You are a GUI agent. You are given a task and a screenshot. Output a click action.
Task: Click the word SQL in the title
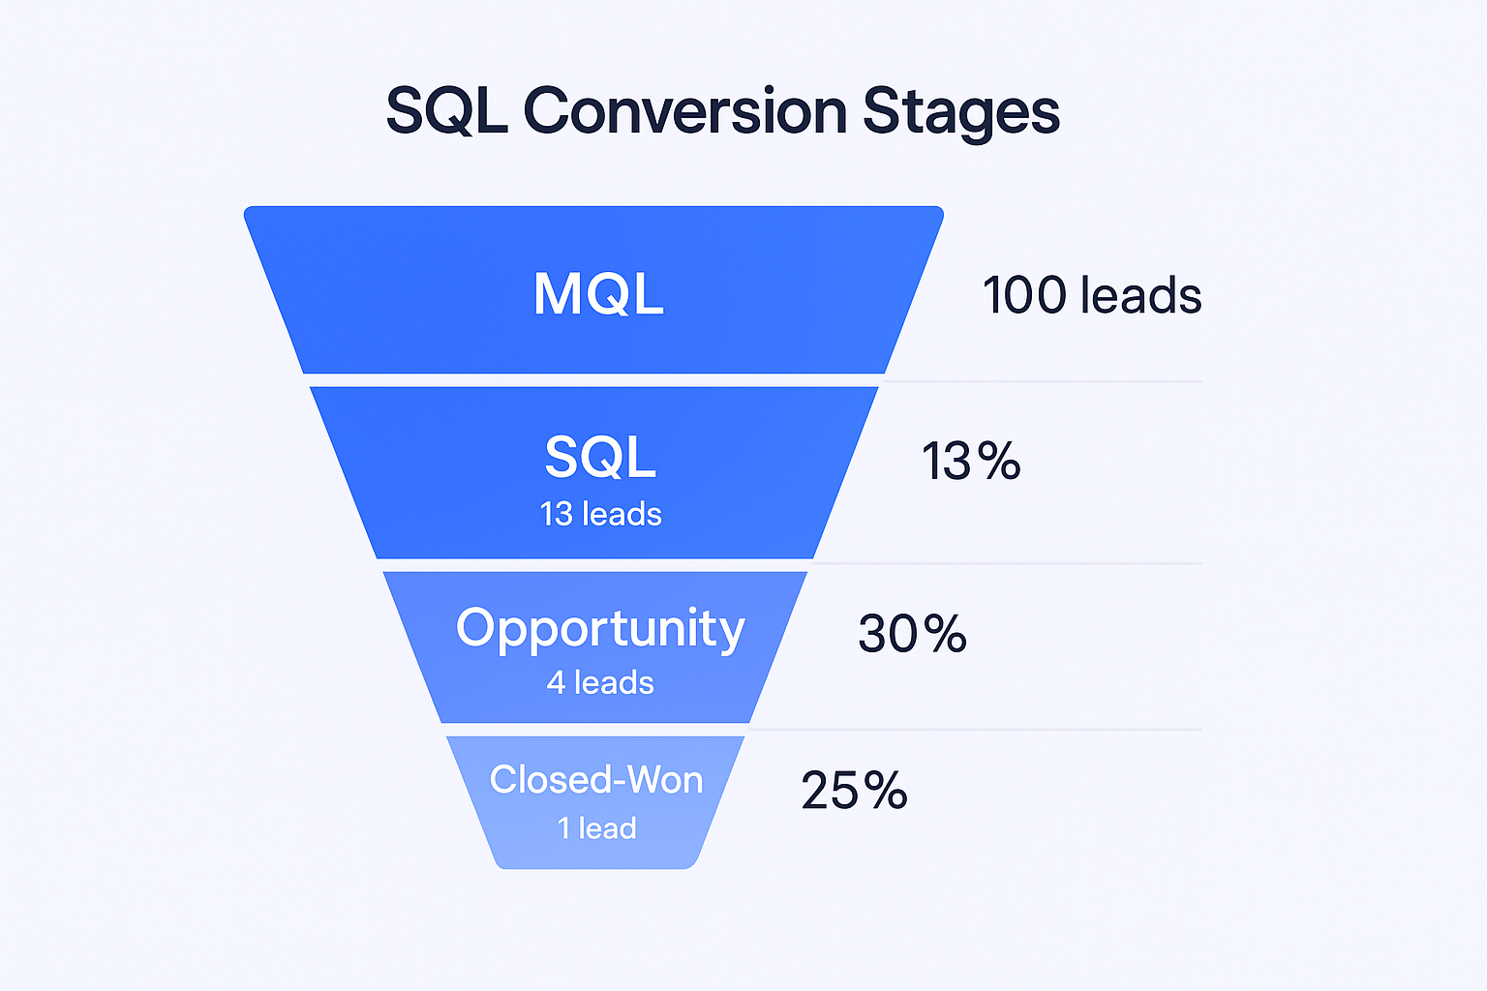point(446,111)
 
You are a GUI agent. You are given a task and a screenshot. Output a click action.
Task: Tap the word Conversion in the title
point(685,110)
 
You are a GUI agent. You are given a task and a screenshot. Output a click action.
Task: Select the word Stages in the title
point(960,114)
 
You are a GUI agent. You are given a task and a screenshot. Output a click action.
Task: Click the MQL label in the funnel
point(599,293)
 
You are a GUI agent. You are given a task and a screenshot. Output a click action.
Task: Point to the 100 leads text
point(1093,295)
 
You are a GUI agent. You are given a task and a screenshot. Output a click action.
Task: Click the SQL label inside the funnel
point(601,457)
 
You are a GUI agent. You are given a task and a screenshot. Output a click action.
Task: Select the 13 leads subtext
point(601,515)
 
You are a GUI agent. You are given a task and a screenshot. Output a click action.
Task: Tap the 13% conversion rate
point(971,461)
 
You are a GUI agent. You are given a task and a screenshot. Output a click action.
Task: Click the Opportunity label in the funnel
point(600,630)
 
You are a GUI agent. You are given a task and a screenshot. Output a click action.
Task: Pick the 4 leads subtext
point(600,683)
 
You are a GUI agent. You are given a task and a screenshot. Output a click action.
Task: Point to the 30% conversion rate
point(913,633)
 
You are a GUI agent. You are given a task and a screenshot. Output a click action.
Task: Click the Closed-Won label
point(596,779)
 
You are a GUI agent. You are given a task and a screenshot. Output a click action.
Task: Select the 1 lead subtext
point(597,828)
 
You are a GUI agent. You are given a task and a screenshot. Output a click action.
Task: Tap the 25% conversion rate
point(855,790)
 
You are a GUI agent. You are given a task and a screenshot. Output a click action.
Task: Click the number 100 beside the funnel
point(1025,295)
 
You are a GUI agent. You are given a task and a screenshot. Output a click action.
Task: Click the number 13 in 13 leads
point(557,515)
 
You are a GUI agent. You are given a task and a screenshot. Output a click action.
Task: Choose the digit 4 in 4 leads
point(556,683)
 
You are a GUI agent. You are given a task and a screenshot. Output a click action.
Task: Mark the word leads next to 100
point(1141,295)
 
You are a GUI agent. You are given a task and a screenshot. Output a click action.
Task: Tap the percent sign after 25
point(886,790)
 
